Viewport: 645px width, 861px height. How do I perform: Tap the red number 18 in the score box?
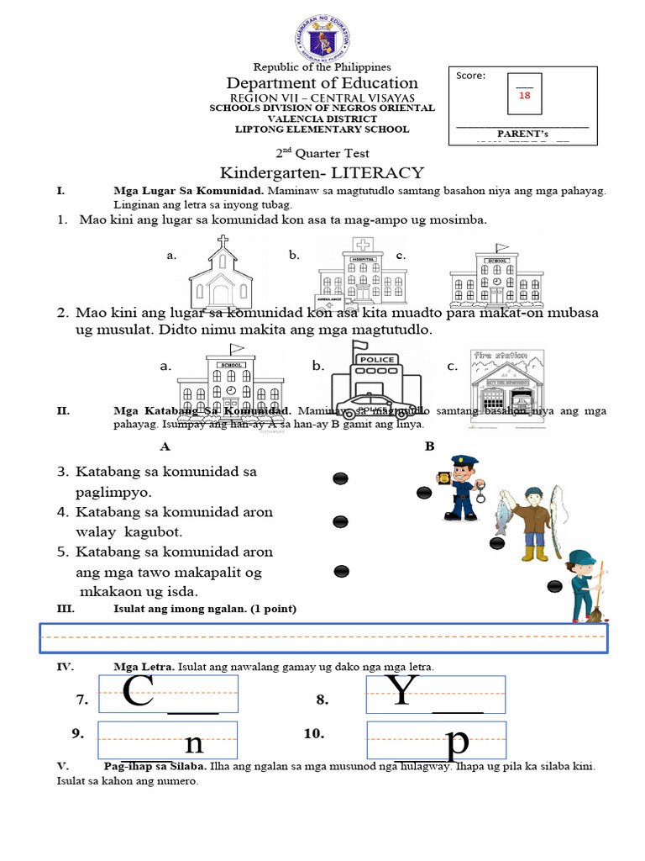tap(524, 96)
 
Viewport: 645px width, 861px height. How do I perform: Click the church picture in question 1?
tap(221, 271)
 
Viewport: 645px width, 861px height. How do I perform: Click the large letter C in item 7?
tap(138, 692)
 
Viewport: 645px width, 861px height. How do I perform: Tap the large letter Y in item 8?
tap(403, 692)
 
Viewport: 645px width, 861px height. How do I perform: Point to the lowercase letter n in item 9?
tap(193, 743)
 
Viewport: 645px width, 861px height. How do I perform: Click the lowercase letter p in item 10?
tap(458, 743)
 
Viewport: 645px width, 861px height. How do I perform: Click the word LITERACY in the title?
tap(377, 172)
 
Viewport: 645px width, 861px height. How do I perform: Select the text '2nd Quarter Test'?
tap(322, 153)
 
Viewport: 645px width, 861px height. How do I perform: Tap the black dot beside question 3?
tap(341, 478)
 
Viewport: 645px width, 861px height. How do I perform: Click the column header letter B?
tap(429, 446)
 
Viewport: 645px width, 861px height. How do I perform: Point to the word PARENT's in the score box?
tap(522, 133)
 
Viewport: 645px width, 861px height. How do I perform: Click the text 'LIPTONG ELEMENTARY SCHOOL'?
tap(322, 129)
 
